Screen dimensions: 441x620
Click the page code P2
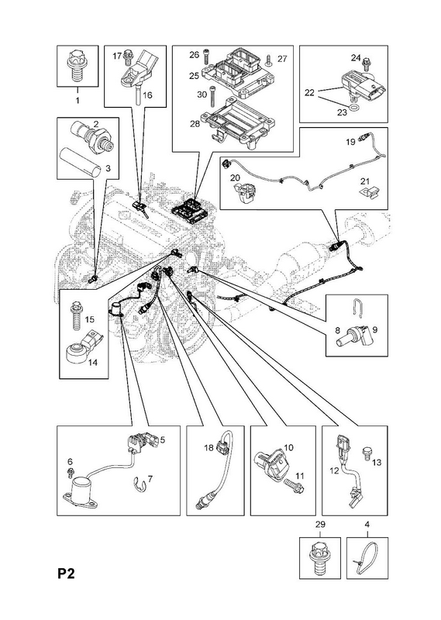point(67,573)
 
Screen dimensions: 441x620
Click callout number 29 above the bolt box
point(319,525)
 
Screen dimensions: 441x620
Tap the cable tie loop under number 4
point(366,558)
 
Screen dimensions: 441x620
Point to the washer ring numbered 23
point(355,108)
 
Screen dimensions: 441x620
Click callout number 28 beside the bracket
point(195,124)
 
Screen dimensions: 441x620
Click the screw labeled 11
point(294,486)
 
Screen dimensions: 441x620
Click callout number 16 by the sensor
point(147,95)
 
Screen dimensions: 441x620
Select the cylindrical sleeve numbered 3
point(81,162)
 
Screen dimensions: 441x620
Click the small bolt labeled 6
point(72,471)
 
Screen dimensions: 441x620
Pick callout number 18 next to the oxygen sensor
point(208,447)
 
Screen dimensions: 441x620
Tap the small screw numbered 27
point(269,60)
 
